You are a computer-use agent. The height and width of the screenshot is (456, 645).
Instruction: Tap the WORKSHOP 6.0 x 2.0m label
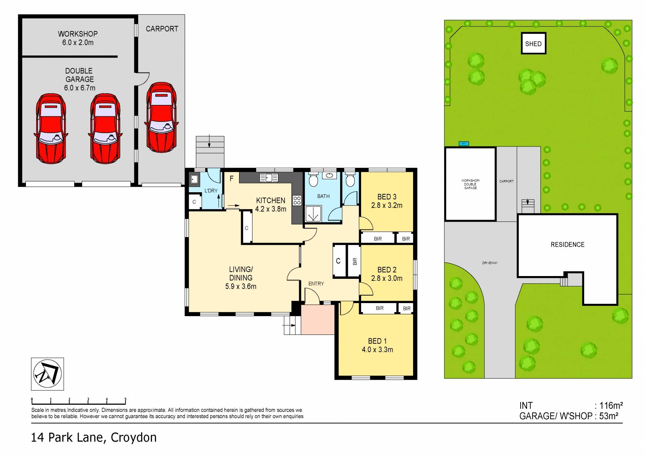click(x=78, y=38)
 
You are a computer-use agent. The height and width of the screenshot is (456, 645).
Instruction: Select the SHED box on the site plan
click(x=533, y=43)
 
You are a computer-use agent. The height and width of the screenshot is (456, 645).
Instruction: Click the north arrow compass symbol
click(x=48, y=374)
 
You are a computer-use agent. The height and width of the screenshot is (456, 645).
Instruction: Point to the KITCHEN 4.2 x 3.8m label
click(x=271, y=205)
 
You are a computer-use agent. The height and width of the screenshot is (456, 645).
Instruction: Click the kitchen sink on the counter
click(x=269, y=178)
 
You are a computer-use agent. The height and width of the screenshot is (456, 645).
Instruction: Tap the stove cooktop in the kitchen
click(x=297, y=200)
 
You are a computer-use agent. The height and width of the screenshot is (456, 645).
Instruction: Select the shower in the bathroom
click(x=313, y=214)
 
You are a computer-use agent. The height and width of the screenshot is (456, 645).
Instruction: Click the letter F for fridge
click(x=232, y=179)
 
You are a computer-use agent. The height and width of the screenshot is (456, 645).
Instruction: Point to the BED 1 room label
click(x=377, y=345)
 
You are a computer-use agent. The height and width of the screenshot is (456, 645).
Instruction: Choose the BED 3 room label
click(x=386, y=201)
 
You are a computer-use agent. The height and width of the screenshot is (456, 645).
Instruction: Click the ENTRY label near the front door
click(x=316, y=284)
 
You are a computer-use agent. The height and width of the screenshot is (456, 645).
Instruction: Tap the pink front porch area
click(x=317, y=320)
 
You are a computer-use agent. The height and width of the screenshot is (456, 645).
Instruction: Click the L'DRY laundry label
click(x=211, y=191)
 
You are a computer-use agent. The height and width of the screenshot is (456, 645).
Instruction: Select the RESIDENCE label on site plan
click(x=567, y=245)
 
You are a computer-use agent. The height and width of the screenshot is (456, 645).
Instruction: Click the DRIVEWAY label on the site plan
click(x=490, y=263)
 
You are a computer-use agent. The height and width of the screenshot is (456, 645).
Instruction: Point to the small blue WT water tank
click(x=463, y=144)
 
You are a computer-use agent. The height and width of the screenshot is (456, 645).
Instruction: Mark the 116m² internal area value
click(x=610, y=406)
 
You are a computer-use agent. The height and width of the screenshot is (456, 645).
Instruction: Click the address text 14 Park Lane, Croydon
click(x=94, y=438)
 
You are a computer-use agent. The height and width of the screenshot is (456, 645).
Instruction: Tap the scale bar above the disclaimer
click(x=79, y=401)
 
